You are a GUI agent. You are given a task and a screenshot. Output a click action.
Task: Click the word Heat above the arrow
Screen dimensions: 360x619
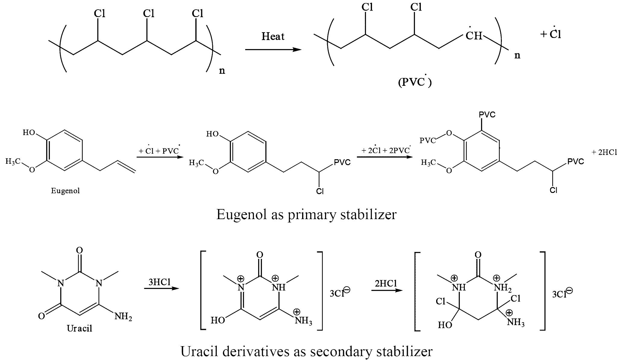(273, 36)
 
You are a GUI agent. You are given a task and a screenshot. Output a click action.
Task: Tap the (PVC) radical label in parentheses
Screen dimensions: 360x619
(415, 82)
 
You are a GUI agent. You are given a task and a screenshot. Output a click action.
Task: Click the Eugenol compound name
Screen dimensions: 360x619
(65, 191)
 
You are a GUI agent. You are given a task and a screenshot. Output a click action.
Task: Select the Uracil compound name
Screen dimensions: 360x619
(79, 328)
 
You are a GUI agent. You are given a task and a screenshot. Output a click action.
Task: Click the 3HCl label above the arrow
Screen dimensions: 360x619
(159, 282)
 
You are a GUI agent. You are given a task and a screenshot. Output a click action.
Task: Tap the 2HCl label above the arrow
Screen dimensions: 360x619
(386, 283)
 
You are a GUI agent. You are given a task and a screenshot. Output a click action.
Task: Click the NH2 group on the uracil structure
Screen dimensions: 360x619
(123, 317)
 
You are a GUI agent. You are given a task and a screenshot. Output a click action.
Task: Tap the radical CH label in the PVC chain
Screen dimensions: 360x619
(474, 36)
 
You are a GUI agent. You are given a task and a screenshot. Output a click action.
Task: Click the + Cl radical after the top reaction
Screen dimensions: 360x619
(551, 34)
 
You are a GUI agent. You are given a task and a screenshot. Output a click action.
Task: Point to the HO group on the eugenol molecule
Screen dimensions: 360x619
(29, 132)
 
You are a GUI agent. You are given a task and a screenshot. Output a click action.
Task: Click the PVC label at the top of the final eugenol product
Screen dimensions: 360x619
(487, 115)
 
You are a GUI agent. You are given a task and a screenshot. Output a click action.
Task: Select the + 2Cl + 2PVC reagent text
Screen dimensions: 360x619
(386, 150)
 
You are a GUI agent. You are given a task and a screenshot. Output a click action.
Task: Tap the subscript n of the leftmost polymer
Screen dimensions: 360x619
(222, 71)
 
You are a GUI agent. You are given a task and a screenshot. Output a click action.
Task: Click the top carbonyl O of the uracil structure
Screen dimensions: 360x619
(79, 250)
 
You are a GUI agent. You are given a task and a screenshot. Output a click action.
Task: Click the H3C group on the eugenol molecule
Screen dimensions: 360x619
(13, 162)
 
